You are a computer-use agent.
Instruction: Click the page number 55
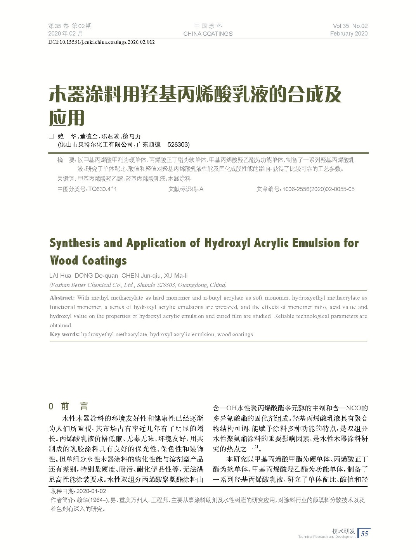tap(365, 534)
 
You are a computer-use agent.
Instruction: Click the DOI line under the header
tap(102, 42)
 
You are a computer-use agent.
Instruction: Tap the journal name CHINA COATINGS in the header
tap(208, 34)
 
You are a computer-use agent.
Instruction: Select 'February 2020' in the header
tap(348, 34)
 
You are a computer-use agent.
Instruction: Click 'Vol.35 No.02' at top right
tap(350, 26)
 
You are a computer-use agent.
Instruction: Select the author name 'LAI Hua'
tap(60, 276)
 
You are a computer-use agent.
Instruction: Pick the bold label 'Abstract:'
tap(62, 298)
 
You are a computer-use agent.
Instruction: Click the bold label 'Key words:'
tap(64, 334)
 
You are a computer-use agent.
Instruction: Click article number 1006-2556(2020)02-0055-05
tap(318, 189)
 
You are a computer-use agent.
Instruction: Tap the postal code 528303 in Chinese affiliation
tap(178, 145)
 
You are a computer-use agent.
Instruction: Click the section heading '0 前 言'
tap(69, 406)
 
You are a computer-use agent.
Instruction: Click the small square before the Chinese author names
tap(50, 137)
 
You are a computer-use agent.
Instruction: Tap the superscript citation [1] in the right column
tap(256, 447)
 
